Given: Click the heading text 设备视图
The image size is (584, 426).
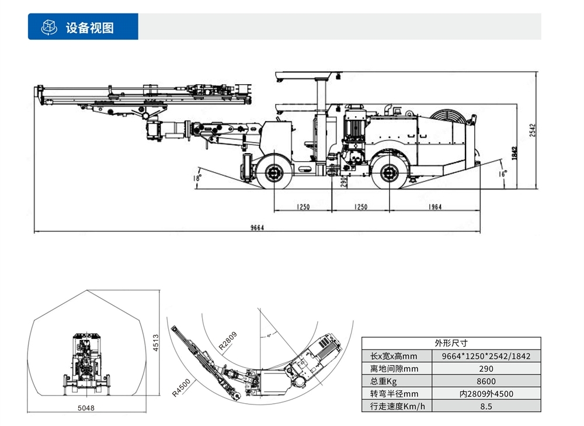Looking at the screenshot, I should pos(89,27).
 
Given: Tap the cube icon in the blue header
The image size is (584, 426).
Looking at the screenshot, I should pos(48,27).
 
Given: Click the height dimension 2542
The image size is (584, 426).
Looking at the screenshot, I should pos(531,130).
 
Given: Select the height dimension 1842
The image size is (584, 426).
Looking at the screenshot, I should pos(515,153).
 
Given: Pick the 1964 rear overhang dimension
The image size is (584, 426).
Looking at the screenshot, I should pos(434,207).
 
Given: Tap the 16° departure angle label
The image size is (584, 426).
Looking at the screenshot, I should pos(503,173).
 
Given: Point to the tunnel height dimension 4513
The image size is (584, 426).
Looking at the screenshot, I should pos(156,342).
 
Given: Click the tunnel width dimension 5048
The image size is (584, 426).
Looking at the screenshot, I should pos(86,407).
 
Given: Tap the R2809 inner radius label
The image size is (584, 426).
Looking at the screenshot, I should pos(228,340).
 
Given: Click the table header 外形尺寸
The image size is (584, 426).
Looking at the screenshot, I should pos(451,343).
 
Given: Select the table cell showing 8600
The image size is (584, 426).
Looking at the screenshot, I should pos(485,381).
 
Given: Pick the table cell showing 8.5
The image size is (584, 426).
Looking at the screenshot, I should pos(485,406).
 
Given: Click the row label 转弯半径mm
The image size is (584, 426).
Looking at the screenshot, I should pos(394,394).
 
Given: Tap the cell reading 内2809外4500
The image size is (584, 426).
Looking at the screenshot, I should pos(485,394).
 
